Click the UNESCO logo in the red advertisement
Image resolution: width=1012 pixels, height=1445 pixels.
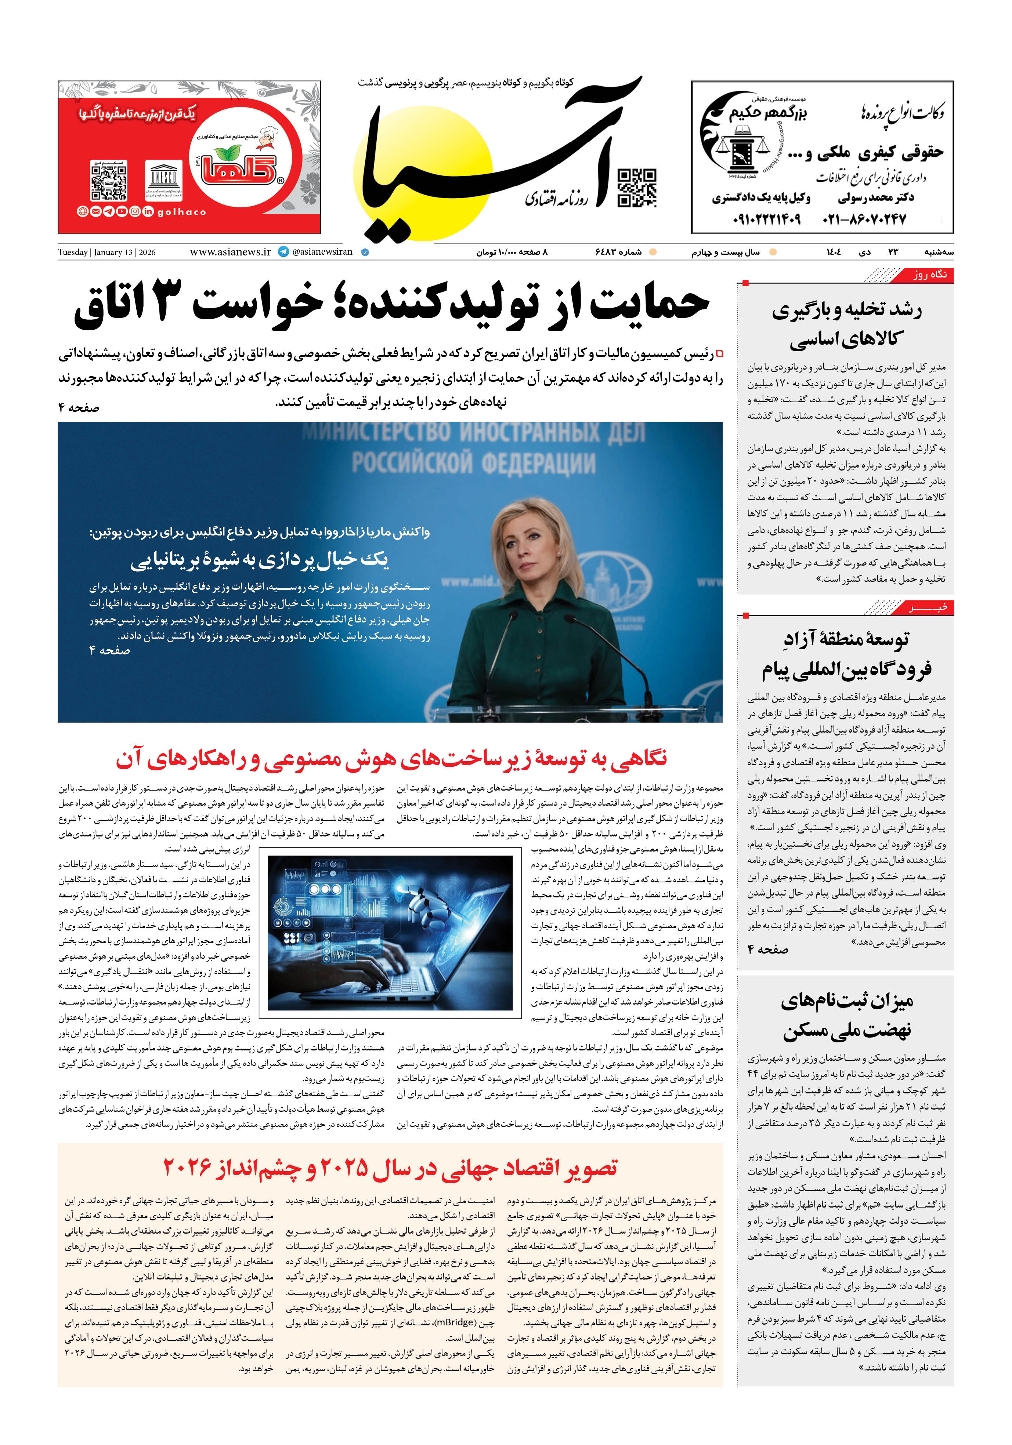click(163, 179)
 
